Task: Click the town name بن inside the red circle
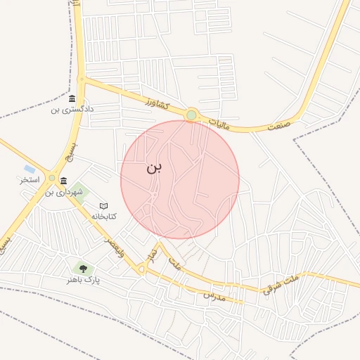[x=154, y=167]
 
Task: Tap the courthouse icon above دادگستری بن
[x=72, y=99]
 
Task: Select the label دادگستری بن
[x=72, y=110]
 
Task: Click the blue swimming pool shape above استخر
[x=29, y=169]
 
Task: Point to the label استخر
[x=30, y=180]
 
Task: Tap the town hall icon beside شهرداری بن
[x=64, y=181]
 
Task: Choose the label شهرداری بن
[x=64, y=191]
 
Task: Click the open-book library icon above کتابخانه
[x=103, y=206]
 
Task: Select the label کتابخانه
[x=103, y=217]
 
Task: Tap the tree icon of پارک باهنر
[x=83, y=269]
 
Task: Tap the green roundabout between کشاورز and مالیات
[x=191, y=115]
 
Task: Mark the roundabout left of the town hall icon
[x=52, y=178]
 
